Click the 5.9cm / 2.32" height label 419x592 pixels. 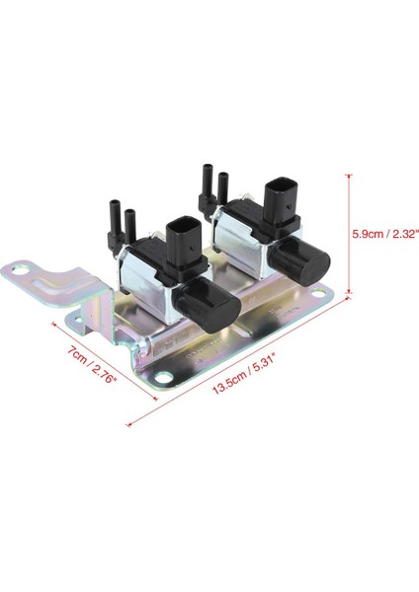386,234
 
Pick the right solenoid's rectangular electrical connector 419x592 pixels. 280,196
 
